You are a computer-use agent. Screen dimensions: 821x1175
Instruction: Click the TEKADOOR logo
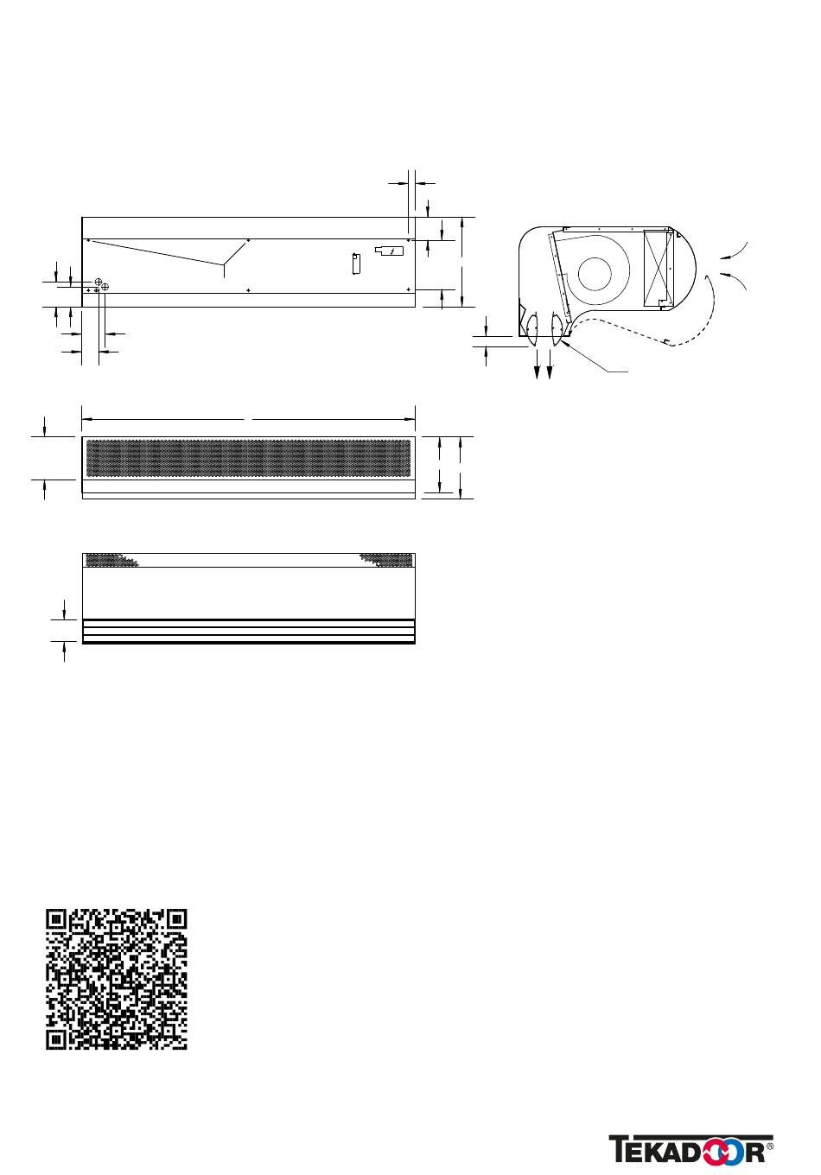pos(686,1150)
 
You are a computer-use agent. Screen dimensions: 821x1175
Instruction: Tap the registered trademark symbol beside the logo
pos(770,1144)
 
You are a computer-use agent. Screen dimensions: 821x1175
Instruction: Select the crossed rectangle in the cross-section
pos(658,268)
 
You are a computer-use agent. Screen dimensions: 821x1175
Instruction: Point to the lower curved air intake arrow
pos(734,280)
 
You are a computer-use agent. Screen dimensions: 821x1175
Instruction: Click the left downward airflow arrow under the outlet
pos(538,363)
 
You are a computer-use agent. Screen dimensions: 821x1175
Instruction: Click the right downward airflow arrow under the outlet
pos(550,363)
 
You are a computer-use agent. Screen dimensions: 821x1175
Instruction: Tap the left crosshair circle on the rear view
pos(99,282)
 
